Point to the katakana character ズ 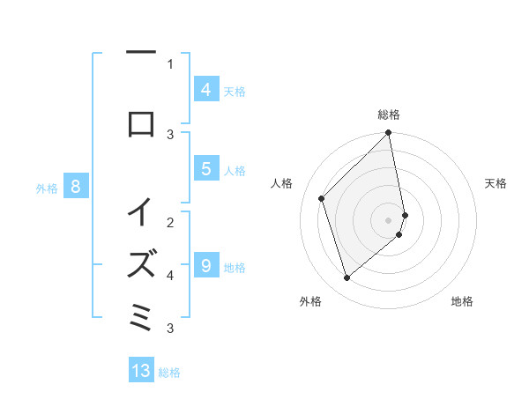click(141, 262)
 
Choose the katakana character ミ click(141, 314)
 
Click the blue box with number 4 click(205, 90)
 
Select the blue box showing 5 click(205, 169)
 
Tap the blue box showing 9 click(205, 266)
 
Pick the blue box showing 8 click(75, 187)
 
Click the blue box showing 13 click(141, 371)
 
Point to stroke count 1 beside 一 click(170, 63)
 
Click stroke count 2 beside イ click(170, 221)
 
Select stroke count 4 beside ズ click(170, 275)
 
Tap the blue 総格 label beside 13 click(169, 373)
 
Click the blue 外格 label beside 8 click(47, 188)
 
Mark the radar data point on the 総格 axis click(389, 134)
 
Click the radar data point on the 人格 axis click(322, 198)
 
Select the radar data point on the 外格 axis click(346, 277)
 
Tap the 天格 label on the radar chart click(495, 183)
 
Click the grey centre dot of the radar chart click(389, 219)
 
